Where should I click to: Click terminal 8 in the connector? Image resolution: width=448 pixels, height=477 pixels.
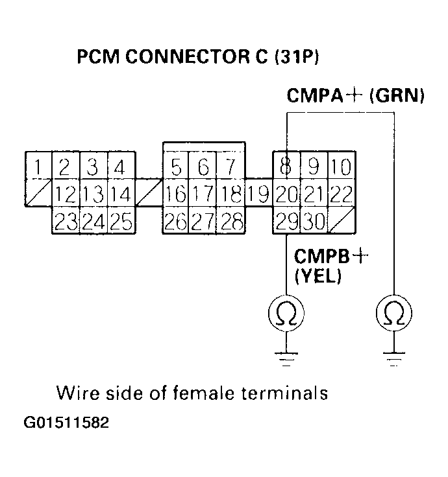(x=285, y=168)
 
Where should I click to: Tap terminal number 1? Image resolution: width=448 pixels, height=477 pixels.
(x=38, y=168)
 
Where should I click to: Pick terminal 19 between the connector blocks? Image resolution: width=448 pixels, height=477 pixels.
(x=258, y=194)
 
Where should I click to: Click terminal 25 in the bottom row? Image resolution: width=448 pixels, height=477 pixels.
(x=119, y=221)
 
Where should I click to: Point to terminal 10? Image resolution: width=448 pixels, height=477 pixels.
(x=340, y=168)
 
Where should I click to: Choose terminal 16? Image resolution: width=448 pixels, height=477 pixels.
(x=175, y=194)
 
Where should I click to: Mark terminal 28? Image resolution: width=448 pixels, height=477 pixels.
(x=230, y=221)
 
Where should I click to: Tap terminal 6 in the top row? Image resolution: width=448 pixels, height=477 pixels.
(x=203, y=168)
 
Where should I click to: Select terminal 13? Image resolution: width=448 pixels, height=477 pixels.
(x=92, y=194)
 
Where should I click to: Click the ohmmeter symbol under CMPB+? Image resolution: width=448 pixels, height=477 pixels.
(x=286, y=314)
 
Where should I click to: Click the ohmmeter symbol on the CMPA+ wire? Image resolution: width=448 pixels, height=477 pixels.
(x=393, y=314)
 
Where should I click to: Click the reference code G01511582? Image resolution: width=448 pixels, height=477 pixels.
(x=66, y=423)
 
